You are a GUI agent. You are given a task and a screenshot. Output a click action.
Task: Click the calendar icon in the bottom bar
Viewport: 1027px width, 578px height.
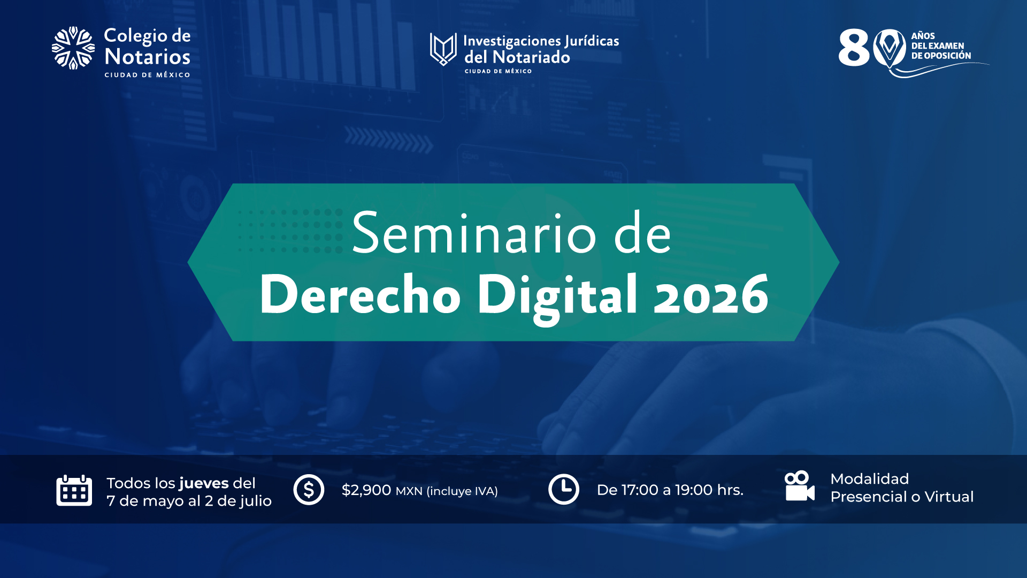(74, 490)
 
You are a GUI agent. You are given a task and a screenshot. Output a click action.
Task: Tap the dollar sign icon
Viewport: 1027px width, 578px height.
(309, 490)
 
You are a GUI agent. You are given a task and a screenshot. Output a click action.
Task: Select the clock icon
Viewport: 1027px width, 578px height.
(563, 489)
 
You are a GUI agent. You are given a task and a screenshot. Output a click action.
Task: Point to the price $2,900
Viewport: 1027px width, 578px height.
(366, 490)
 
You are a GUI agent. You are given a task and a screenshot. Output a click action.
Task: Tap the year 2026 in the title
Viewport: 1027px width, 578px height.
(711, 295)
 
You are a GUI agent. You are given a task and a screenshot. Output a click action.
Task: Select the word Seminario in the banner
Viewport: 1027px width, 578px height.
(474, 234)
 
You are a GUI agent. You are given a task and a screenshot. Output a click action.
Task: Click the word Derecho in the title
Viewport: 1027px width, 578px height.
(359, 295)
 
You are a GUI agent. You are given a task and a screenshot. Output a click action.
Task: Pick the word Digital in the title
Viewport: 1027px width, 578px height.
(557, 295)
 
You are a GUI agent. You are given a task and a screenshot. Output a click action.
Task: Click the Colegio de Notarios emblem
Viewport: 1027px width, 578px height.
(73, 48)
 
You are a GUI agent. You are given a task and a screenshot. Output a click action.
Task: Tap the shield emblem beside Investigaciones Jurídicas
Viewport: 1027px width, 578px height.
(443, 49)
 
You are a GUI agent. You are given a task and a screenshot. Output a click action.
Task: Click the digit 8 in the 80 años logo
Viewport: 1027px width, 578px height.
(854, 48)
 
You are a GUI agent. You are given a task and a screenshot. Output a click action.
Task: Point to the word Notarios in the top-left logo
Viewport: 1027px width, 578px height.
(147, 56)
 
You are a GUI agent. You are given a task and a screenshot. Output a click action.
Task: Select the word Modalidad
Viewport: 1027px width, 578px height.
(869, 478)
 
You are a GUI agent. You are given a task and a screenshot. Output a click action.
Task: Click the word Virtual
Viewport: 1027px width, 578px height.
(949, 497)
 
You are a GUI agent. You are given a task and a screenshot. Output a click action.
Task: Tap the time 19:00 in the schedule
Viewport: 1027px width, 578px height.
(693, 490)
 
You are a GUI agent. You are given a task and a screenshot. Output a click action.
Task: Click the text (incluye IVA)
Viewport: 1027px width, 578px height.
(462, 491)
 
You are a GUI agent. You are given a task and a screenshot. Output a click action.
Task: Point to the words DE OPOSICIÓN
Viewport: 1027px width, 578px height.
(941, 56)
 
